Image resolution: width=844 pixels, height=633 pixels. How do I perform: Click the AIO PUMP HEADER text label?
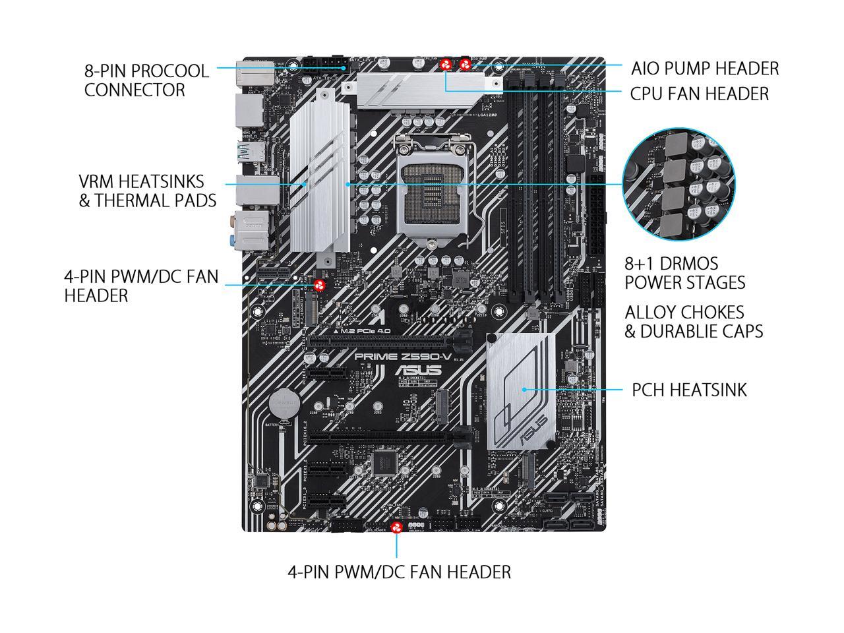[x=704, y=69]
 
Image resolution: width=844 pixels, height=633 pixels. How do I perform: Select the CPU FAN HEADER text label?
[x=699, y=94]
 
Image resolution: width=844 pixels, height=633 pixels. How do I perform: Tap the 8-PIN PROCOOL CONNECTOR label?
[x=146, y=80]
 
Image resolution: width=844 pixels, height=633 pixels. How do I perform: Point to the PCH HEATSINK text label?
[x=689, y=390]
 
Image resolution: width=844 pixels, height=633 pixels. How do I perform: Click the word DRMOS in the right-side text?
[x=686, y=264]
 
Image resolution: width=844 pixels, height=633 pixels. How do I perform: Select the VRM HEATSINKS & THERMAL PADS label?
[x=147, y=191]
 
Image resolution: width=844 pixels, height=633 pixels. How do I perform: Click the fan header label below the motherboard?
[x=399, y=572]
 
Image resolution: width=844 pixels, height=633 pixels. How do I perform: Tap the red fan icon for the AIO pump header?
[x=466, y=65]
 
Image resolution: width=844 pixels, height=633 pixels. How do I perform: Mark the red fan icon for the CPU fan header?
[x=446, y=65]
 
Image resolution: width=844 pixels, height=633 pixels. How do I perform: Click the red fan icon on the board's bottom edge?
[x=397, y=527]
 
